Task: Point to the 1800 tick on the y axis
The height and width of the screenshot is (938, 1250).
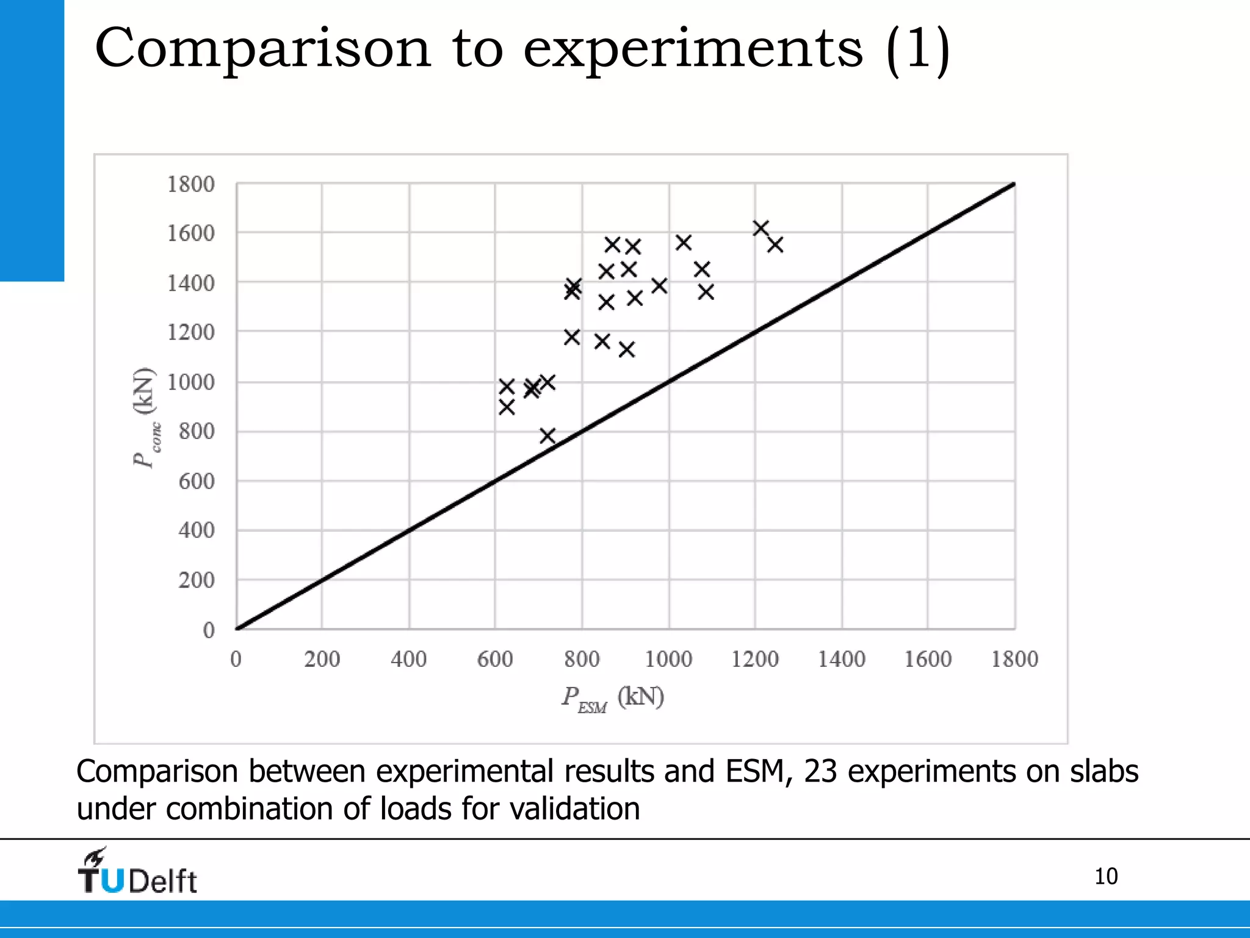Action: pyautogui.click(x=191, y=184)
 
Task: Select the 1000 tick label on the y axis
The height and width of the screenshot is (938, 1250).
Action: pyautogui.click(x=191, y=382)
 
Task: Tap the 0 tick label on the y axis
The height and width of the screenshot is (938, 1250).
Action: pyautogui.click(x=209, y=630)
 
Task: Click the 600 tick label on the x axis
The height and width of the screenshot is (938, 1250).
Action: pyautogui.click(x=494, y=659)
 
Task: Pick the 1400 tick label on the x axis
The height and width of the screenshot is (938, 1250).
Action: pyautogui.click(x=841, y=659)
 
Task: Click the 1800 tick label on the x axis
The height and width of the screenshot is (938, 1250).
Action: pyautogui.click(x=1014, y=659)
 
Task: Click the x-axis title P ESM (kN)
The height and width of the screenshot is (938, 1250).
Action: pyautogui.click(x=613, y=697)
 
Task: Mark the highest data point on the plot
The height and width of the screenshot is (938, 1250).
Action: pyautogui.click(x=760, y=228)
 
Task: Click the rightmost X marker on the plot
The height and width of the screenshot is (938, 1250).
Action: pyautogui.click(x=775, y=245)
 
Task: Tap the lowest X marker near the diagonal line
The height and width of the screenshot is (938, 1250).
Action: pyautogui.click(x=547, y=435)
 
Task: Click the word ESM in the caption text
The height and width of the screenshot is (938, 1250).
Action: pyautogui.click(x=754, y=771)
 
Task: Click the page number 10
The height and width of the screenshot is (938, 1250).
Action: pyautogui.click(x=1105, y=876)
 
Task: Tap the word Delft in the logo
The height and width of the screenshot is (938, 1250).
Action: pyautogui.click(x=162, y=881)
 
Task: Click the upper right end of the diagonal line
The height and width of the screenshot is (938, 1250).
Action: pyautogui.click(x=1013, y=184)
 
